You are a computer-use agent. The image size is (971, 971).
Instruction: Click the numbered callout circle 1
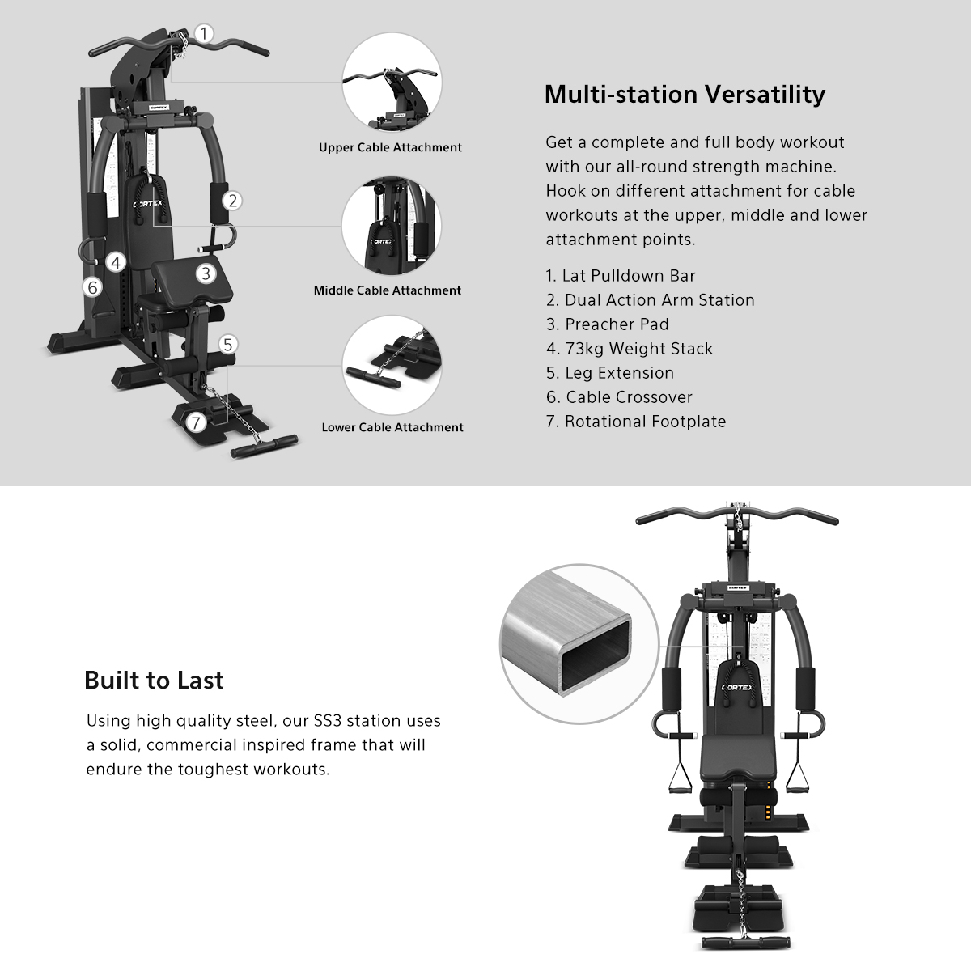point(205,34)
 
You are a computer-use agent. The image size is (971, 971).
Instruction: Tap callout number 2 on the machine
point(233,201)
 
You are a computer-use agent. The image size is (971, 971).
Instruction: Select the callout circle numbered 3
point(206,273)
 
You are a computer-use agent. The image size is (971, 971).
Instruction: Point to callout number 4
point(117,262)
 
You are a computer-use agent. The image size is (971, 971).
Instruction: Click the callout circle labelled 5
point(228,345)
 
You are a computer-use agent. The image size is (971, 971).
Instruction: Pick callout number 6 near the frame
point(92,286)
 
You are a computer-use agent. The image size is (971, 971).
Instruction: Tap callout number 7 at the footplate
point(195,422)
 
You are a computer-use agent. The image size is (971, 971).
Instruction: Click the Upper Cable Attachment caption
point(390,147)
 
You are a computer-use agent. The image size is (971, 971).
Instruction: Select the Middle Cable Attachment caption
point(388,290)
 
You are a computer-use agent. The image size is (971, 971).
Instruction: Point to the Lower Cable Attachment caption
point(392,427)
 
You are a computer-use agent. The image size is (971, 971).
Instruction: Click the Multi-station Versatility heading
point(685,94)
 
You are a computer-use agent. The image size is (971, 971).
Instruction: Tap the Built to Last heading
point(154,681)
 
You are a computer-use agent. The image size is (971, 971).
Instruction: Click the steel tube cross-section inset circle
point(568,643)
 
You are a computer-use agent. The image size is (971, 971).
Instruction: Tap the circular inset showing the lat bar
point(392,84)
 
